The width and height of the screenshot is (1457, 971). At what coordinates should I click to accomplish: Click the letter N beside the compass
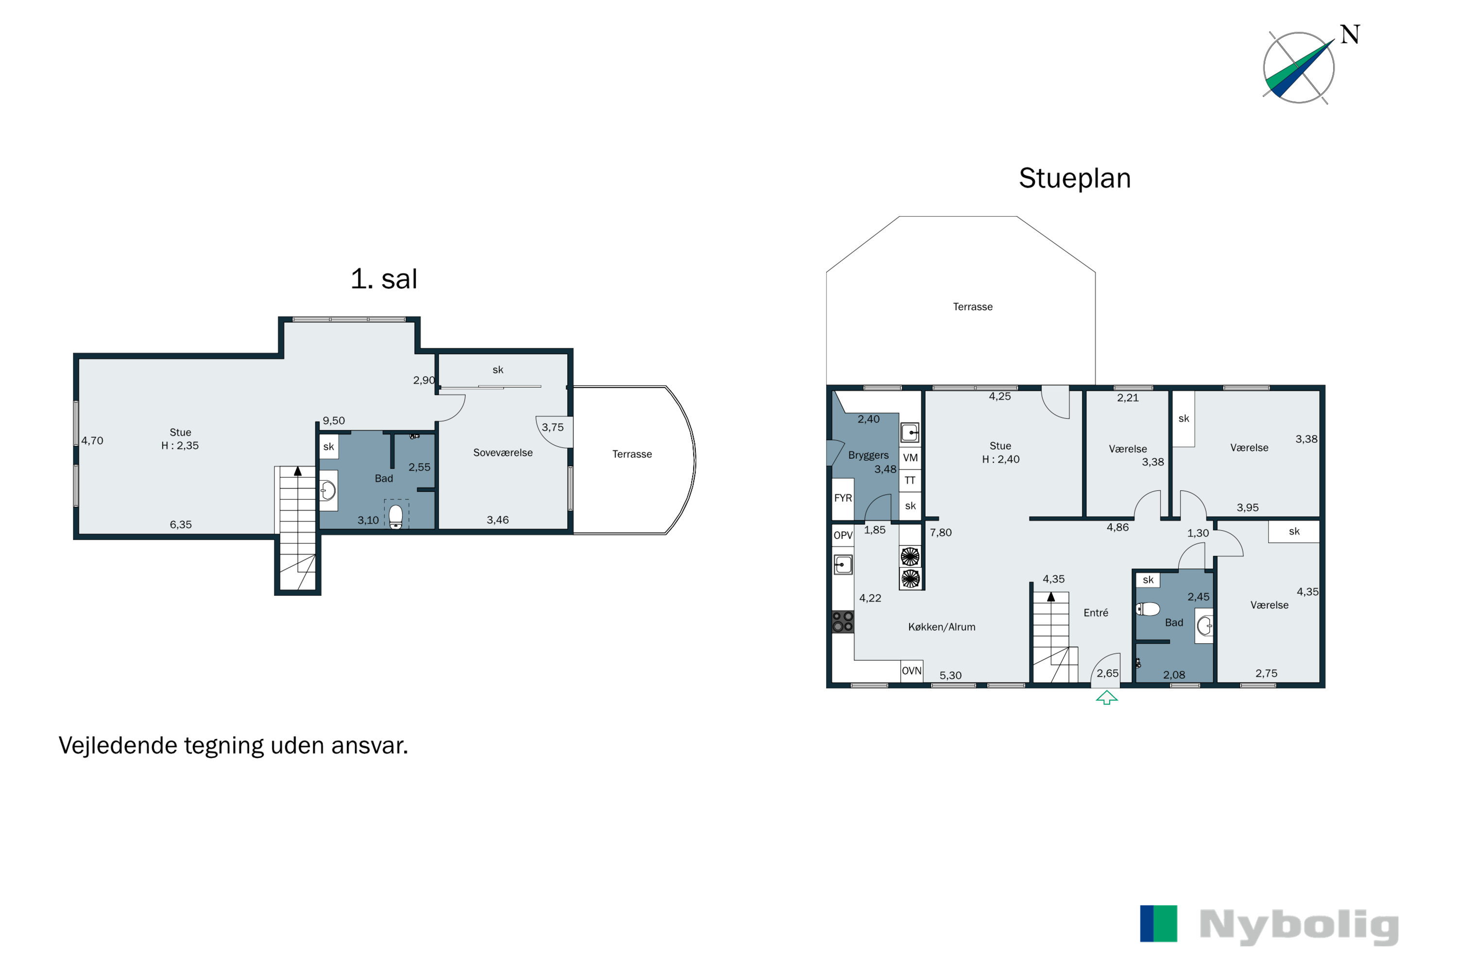tap(1350, 34)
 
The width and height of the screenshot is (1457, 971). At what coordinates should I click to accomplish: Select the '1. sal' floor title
tap(384, 279)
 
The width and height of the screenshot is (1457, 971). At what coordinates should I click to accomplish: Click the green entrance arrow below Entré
tap(1106, 698)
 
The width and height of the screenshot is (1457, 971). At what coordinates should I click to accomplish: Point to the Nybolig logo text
tap(1299, 926)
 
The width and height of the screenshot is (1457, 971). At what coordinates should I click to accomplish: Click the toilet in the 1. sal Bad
tap(396, 516)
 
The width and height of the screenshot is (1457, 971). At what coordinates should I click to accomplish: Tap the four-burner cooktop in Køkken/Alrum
tap(843, 622)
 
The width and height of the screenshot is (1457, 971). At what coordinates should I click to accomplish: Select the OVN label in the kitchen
tap(911, 670)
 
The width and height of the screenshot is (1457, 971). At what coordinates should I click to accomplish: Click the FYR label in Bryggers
tap(843, 498)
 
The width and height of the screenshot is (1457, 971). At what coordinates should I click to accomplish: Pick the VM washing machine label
tap(910, 458)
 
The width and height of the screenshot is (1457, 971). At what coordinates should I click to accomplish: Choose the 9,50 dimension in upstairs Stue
tap(333, 420)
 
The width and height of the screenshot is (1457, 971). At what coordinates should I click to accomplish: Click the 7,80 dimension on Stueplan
tap(940, 533)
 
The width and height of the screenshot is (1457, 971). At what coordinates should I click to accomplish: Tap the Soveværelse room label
tap(503, 452)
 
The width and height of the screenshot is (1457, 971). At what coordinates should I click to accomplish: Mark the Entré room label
tap(1096, 612)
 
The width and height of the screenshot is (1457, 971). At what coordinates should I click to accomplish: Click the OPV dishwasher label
tap(843, 535)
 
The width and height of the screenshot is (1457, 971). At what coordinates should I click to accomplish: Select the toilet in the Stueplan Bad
tap(1147, 609)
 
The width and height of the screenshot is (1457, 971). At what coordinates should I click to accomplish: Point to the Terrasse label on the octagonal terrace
tap(973, 306)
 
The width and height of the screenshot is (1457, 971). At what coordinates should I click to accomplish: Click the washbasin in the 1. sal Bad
tap(328, 491)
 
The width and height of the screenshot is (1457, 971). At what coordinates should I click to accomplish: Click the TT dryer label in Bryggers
tap(909, 481)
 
